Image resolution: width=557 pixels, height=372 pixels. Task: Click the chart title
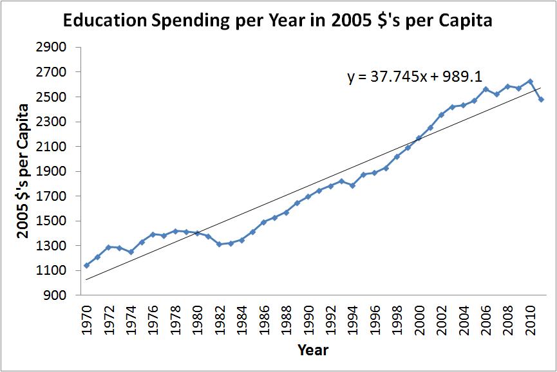[277, 21]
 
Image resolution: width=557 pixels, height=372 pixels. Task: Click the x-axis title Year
[313, 351]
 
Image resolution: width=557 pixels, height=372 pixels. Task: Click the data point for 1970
[86, 265]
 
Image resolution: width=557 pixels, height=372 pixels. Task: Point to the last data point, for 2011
[542, 99]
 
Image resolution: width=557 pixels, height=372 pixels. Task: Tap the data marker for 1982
[220, 244]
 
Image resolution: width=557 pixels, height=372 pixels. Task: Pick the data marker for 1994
[353, 185]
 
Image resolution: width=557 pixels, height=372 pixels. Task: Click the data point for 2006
[486, 89]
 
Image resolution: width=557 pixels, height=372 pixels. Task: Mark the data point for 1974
[131, 252]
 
